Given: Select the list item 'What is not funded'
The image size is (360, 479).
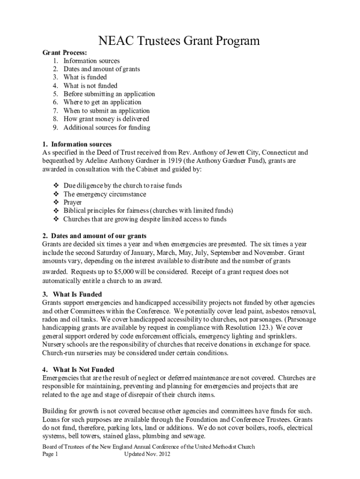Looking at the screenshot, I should pyautogui.click(x=90, y=86).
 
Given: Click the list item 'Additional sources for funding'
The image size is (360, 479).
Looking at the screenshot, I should pyautogui.click(x=107, y=127).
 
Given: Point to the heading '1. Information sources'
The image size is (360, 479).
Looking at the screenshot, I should pyautogui.click(x=77, y=144).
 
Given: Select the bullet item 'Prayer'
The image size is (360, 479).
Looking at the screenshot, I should pyautogui.click(x=72, y=203).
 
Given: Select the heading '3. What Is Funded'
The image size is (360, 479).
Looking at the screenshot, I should pyautogui.click(x=72, y=294).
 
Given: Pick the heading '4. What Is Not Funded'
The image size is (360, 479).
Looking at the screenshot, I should pyautogui.click(x=79, y=370).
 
